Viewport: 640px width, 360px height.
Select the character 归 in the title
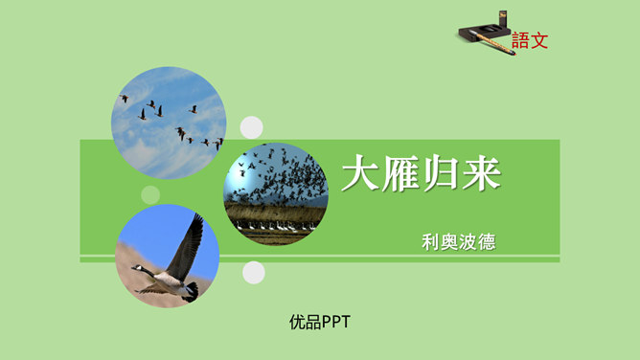click(442, 175)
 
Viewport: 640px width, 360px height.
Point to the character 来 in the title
click(481, 175)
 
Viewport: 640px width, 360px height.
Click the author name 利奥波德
click(459, 241)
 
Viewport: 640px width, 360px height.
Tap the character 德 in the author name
click(487, 241)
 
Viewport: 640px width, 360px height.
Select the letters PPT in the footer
click(335, 323)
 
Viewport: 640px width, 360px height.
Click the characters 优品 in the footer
click(305, 323)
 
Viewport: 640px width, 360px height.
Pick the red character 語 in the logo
click(520, 41)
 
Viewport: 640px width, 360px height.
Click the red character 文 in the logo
click(539, 41)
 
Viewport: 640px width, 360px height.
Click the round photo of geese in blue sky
click(169, 122)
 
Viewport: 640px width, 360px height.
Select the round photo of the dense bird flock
click(276, 192)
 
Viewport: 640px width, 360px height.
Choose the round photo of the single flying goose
click(168, 256)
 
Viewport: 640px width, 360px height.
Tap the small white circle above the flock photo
click(251, 127)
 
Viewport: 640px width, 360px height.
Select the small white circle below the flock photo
click(253, 273)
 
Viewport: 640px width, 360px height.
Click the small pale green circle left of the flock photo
click(150, 195)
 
